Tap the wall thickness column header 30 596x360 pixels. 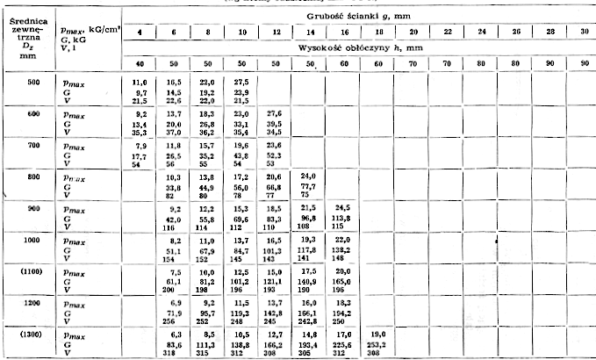point(581,32)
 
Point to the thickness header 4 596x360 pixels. point(139,32)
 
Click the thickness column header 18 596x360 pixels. point(378,32)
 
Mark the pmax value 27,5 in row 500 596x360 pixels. point(242,81)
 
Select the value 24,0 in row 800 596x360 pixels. point(310,176)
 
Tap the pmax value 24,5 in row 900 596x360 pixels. point(344,207)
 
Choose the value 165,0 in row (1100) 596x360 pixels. point(344,282)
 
